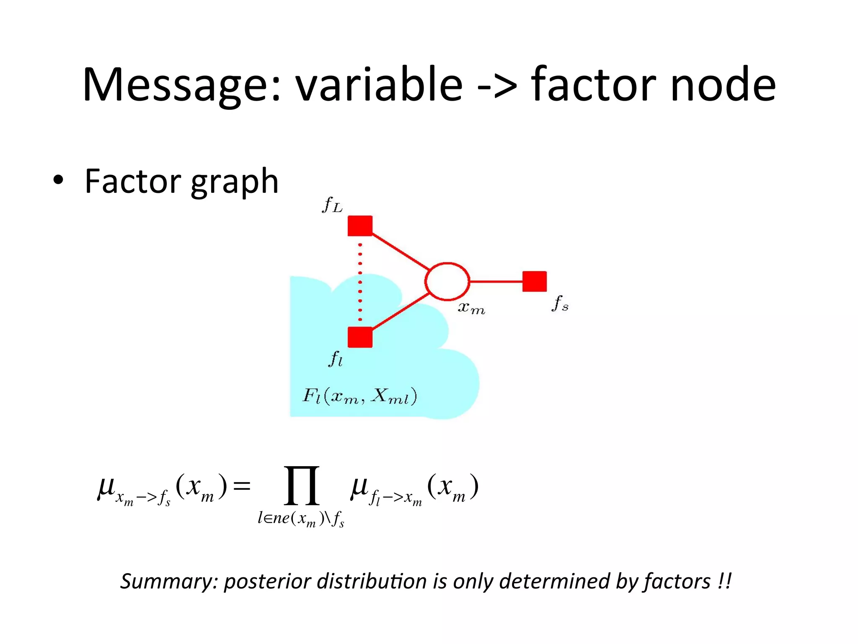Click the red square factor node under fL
[x=360, y=226]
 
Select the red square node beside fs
[x=534, y=281]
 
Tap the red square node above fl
[x=360, y=337]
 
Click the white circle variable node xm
[x=447, y=281]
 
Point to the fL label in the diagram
[x=332, y=205]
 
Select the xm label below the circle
[x=471, y=308]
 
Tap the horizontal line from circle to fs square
[x=496, y=281]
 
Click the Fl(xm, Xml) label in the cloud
[x=359, y=396]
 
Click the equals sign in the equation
[x=242, y=486]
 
